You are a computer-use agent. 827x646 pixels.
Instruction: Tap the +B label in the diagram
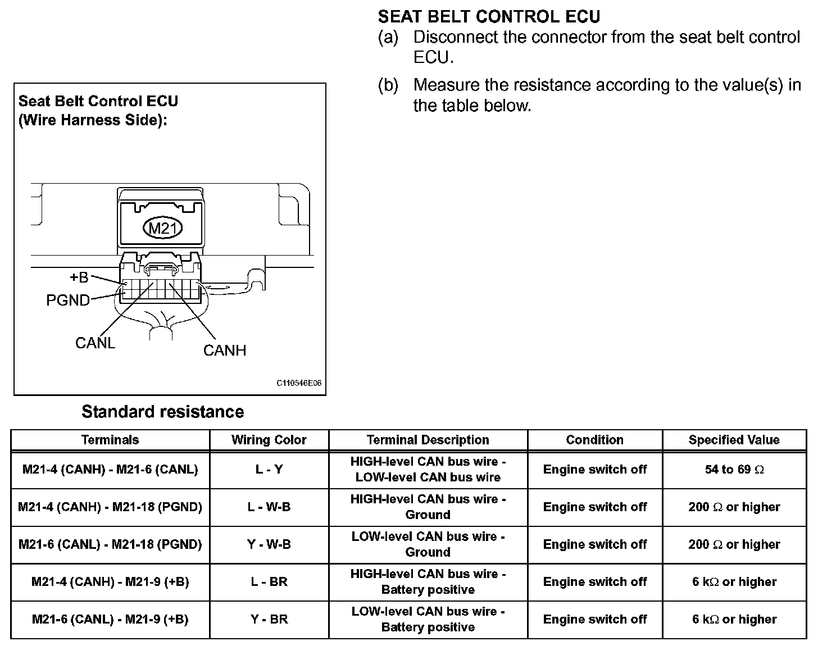tap(79, 277)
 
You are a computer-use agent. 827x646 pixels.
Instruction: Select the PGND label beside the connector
tap(68, 301)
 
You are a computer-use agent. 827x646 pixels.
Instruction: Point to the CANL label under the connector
tap(95, 343)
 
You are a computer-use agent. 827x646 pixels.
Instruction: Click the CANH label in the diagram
tap(225, 351)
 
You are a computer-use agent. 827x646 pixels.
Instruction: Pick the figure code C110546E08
tap(299, 383)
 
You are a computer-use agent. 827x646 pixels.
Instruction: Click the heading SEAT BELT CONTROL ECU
tap(489, 16)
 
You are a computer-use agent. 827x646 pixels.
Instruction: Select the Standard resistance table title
tap(163, 412)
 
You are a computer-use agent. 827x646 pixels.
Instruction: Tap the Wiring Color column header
tap(269, 440)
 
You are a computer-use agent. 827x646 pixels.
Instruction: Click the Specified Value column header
tap(734, 440)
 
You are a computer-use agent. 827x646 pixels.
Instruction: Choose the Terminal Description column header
tap(428, 440)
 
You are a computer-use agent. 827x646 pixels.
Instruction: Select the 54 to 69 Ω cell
tap(734, 470)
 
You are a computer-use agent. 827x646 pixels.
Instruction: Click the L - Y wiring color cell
tap(269, 470)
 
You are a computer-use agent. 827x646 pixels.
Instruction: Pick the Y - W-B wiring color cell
tap(269, 544)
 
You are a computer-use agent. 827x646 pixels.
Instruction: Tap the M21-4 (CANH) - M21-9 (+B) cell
tap(110, 582)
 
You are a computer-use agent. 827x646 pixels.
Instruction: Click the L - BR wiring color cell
tap(269, 582)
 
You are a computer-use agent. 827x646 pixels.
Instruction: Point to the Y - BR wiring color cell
tap(269, 620)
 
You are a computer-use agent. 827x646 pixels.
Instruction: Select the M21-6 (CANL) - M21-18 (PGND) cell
tap(110, 544)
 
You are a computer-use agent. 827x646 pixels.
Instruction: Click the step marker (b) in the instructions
tap(388, 85)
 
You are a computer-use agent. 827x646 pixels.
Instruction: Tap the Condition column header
tap(594, 440)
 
